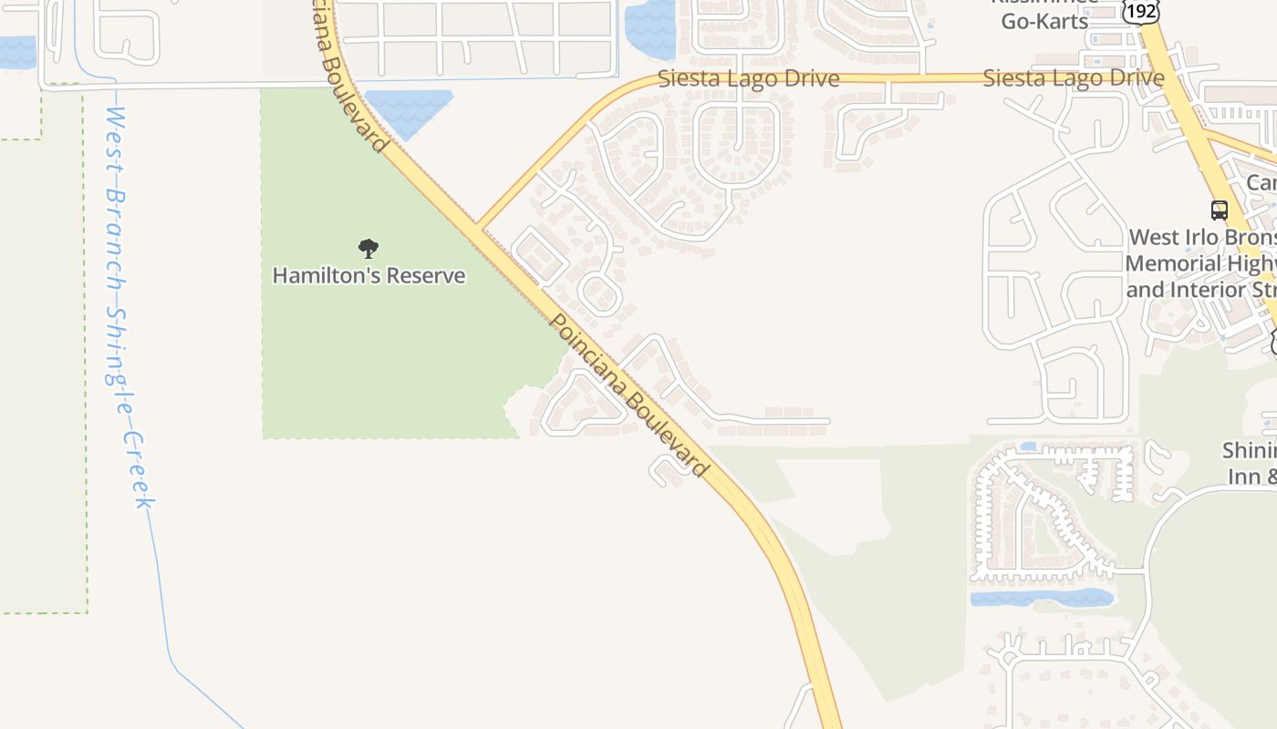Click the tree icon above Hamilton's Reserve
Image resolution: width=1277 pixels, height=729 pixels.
click(369, 248)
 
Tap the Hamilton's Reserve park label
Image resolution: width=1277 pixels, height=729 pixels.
click(369, 275)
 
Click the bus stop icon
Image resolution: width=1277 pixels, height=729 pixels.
click(1219, 210)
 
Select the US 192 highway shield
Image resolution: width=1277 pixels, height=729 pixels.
click(1140, 11)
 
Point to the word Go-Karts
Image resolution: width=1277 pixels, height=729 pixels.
click(1044, 21)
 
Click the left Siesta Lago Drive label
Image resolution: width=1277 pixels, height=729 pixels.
click(748, 78)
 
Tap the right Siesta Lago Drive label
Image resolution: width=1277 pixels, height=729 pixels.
click(1074, 78)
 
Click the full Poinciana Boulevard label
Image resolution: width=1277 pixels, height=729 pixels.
click(629, 395)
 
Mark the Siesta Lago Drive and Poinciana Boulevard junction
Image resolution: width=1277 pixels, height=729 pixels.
click(477, 225)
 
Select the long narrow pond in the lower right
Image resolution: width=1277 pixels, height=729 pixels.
click(1041, 598)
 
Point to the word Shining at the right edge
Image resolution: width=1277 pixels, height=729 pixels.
click(1250, 450)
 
